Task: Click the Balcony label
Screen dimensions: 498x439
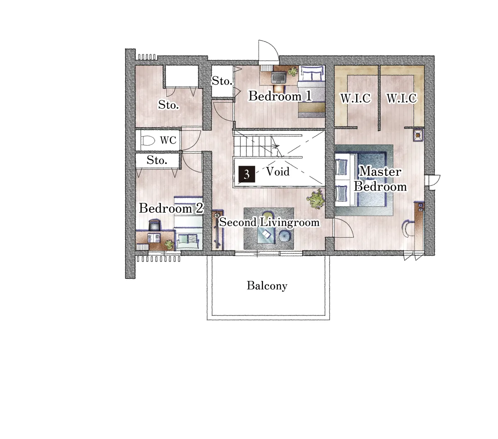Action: [x=267, y=285]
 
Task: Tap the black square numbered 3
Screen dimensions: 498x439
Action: [x=247, y=174]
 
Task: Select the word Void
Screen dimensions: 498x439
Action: [x=278, y=171]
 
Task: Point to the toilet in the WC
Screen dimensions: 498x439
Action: [x=148, y=141]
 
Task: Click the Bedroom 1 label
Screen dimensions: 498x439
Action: [x=280, y=96]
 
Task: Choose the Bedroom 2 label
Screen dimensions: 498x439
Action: [x=171, y=208]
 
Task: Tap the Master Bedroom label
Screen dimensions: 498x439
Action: [x=380, y=179]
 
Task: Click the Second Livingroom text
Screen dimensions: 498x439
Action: [x=269, y=222]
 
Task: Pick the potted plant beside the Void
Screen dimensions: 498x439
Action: [x=315, y=199]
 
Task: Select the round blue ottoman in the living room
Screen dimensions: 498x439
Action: [x=285, y=236]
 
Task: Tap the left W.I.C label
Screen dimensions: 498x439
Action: [x=355, y=98]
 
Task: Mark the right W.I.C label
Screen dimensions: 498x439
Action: [x=402, y=98]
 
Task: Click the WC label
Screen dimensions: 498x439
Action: [x=168, y=140]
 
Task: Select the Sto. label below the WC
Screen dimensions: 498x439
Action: [x=157, y=160]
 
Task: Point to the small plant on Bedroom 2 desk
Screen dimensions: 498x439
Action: [x=169, y=244]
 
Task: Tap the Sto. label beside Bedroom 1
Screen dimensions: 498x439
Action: [x=222, y=81]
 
